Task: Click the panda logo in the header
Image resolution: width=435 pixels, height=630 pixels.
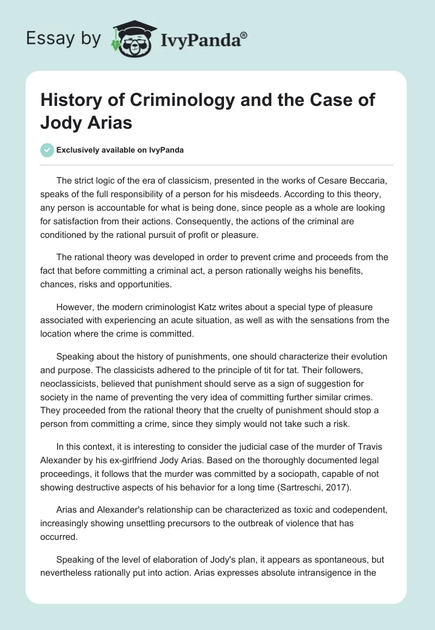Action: (131, 37)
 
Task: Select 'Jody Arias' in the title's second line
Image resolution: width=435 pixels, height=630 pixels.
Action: (86, 122)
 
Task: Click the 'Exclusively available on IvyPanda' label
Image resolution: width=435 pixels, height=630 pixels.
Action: (120, 150)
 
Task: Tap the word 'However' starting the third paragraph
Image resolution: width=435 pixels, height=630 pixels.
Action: (74, 307)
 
